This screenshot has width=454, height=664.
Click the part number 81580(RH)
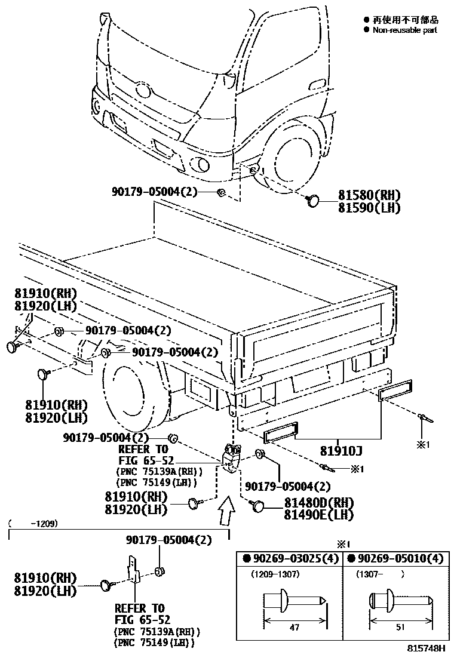tap(369, 195)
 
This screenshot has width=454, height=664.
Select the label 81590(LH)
tap(369, 208)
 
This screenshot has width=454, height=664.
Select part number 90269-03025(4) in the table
tap(291, 560)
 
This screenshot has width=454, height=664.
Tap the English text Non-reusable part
tap(404, 30)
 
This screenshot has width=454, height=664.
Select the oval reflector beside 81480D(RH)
tap(258, 507)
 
